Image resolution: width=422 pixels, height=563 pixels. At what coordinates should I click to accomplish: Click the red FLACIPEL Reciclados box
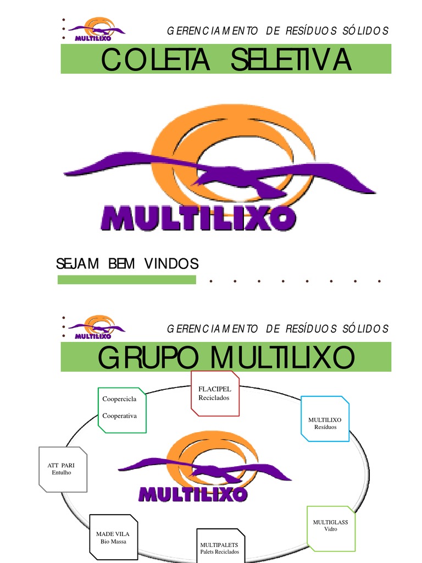click(215, 393)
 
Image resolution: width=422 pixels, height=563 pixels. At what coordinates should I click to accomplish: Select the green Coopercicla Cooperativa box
click(124, 410)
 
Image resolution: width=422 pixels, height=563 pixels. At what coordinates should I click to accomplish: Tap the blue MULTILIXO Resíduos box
click(325, 418)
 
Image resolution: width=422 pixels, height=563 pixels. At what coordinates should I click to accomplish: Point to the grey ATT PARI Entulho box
click(63, 469)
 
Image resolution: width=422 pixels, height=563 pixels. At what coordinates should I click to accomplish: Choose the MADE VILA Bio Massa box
click(114, 537)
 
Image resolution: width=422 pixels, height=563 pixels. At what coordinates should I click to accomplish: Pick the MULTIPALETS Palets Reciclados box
click(219, 547)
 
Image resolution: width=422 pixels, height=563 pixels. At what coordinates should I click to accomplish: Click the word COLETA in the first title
click(155, 60)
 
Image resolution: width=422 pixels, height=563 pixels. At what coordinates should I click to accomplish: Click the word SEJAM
click(77, 264)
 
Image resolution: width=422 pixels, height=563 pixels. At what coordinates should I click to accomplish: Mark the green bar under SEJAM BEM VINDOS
click(126, 280)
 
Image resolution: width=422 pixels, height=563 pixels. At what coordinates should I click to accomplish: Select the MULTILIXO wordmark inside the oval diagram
click(193, 494)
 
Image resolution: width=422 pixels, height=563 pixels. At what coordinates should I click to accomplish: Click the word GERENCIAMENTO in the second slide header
click(212, 329)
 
